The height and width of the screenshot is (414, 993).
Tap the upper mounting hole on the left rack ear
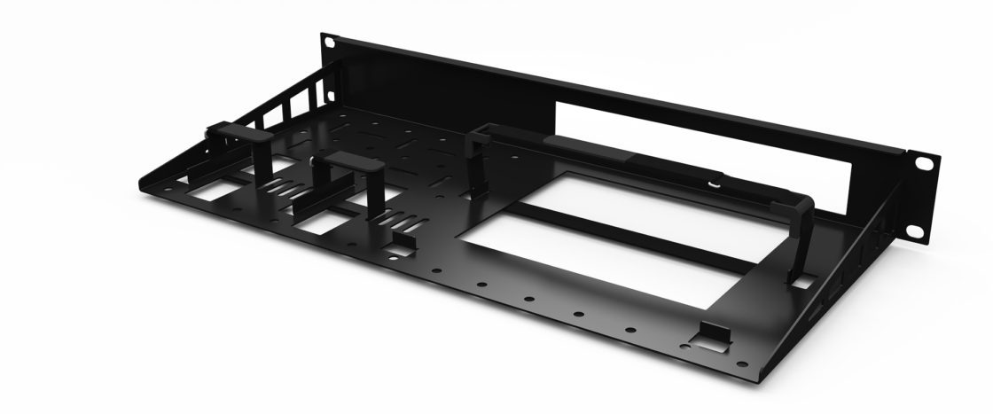tap(329, 42)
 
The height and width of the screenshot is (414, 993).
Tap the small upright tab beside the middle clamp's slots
tap(403, 240)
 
